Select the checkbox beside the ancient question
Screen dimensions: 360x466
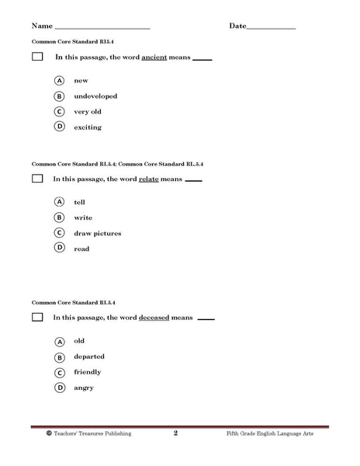tap(37, 57)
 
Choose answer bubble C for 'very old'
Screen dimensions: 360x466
tap(59, 111)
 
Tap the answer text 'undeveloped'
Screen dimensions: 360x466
tap(95, 96)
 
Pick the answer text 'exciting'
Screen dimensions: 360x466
tap(87, 127)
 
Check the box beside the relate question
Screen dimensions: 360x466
tap(37, 179)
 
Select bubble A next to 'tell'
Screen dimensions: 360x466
tap(59, 201)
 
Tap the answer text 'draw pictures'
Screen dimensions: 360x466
tap(97, 233)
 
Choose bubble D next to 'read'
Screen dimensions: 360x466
tap(59, 248)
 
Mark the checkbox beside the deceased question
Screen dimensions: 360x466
tap(37, 318)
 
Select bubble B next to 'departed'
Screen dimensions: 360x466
tap(59, 356)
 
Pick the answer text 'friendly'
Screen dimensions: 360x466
tap(88, 372)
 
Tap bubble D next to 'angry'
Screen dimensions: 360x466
tap(59, 388)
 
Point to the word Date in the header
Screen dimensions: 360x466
tap(238, 26)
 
